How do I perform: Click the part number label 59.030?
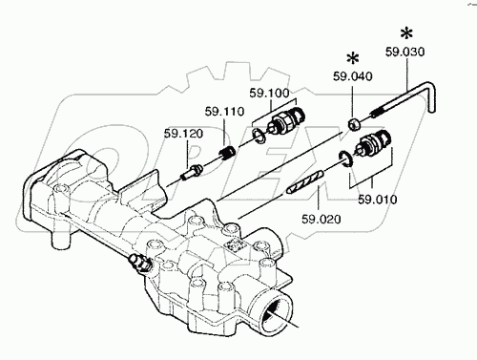pos(404,52)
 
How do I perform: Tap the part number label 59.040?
pos(353,76)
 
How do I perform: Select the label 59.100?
pos(269,94)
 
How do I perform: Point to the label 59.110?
pos(224,112)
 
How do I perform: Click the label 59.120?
pos(183,134)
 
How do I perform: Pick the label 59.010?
pos(378,200)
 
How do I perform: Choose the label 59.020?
pos(321,219)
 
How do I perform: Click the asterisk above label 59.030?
pos(406,33)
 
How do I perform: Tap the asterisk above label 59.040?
pos(353,59)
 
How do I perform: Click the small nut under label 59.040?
pos(354,124)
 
